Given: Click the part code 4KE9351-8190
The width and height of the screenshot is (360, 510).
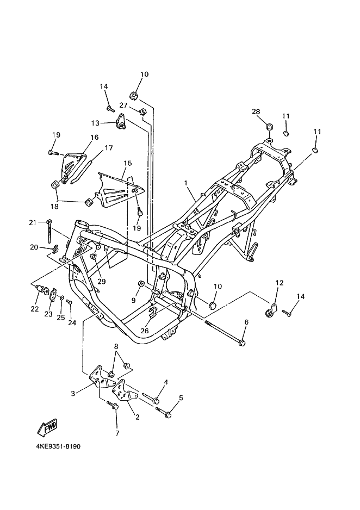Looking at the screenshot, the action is [58, 446].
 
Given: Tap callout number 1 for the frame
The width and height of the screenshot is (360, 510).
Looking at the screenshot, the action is [185, 183].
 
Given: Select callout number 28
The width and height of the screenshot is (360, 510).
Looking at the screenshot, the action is [256, 111].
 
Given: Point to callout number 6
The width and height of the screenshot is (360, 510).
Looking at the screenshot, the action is [246, 322].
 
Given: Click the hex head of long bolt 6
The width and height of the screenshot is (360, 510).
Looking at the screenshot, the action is [241, 343].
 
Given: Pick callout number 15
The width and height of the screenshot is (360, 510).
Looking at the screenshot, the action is [128, 163].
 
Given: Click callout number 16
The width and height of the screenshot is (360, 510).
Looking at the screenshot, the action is [94, 137].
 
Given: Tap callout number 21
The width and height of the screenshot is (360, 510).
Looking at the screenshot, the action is [33, 223].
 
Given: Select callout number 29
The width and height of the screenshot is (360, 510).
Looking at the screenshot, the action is [102, 281].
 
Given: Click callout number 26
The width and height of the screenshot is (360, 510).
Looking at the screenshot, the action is [145, 331].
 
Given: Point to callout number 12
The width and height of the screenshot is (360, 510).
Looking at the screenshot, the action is [280, 282].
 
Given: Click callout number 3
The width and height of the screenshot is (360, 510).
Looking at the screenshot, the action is [73, 394].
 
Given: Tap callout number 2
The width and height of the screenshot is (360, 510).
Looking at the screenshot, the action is [137, 417].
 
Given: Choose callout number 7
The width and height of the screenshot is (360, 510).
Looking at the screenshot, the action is [117, 433].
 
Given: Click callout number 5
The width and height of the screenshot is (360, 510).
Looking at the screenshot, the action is [181, 397].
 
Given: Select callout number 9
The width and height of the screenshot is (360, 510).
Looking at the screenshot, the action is [133, 301].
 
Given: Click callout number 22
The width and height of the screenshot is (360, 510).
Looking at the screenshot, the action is [35, 309].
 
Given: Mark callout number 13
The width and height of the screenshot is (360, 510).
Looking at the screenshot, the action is [95, 123].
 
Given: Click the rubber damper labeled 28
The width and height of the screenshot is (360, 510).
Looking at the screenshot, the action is [269, 127].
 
